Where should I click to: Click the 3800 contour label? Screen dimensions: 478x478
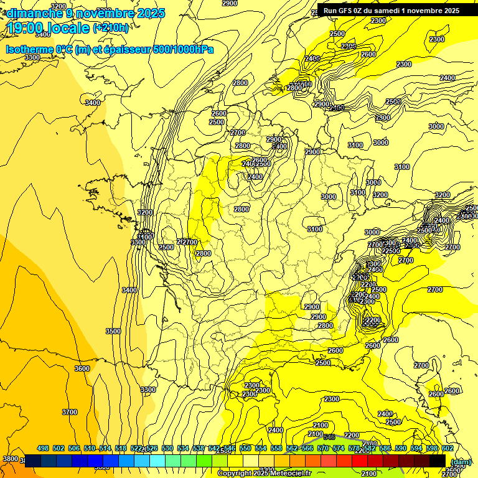(11, 459)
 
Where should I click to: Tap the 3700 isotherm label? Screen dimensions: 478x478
(70, 412)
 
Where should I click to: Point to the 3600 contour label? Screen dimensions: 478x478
(82, 368)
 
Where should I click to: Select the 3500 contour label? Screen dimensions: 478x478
(113, 331)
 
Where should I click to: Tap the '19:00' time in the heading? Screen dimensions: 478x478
(27, 27)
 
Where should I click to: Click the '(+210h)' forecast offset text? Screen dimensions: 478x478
(111, 27)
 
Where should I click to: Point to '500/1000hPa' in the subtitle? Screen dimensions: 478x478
(185, 50)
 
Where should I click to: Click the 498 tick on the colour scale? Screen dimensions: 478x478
(43, 448)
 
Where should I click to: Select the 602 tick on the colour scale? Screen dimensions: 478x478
(448, 448)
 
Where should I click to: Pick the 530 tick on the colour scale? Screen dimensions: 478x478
(167, 448)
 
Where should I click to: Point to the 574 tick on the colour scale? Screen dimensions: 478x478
(339, 448)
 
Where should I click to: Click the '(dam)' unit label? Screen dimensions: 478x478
(461, 462)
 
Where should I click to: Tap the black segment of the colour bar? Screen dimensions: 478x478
(438, 461)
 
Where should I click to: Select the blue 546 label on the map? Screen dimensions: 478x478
(329, 438)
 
